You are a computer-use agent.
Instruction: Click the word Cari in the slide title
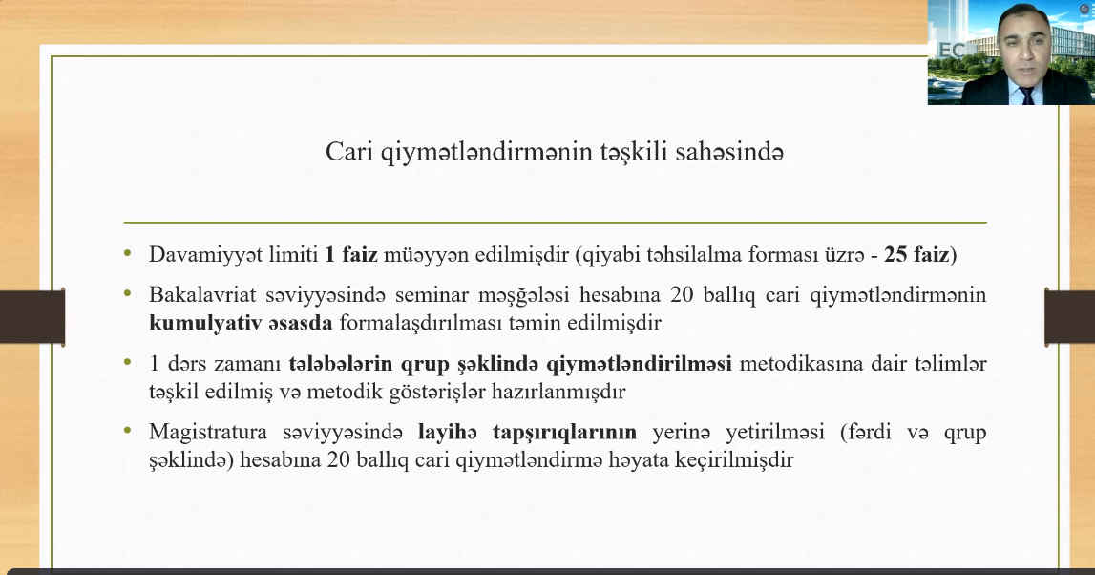tap(349, 152)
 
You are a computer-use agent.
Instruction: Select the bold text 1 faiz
tap(351, 254)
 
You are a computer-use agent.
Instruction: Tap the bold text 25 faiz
tap(916, 254)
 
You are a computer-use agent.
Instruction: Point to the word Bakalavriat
tap(202, 295)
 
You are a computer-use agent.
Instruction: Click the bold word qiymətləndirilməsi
tap(639, 364)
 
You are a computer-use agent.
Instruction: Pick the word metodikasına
tap(798, 363)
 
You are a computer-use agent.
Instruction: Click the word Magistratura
tap(208, 432)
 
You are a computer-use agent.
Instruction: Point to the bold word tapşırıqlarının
tap(564, 433)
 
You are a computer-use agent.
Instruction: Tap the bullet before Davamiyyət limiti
tap(127, 254)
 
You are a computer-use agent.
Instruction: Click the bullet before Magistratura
tap(127, 431)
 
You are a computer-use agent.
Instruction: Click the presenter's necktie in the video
tap(1027, 96)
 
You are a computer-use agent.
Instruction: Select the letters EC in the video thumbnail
tap(952, 51)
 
